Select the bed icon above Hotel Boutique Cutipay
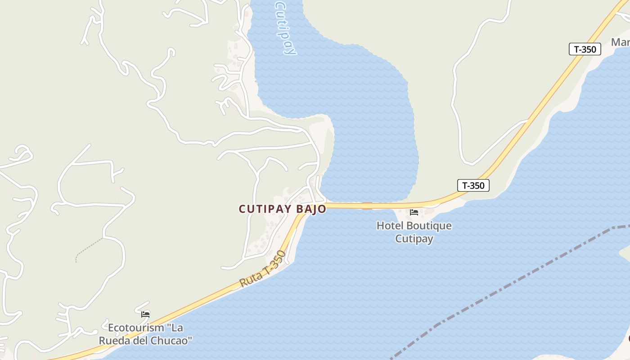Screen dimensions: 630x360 click(x=414, y=212)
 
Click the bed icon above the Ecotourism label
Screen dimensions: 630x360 click(x=145, y=314)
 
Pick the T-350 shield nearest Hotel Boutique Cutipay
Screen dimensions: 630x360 click(x=473, y=185)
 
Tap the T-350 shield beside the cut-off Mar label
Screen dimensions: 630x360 click(x=585, y=49)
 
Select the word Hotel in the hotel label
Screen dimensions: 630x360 click(x=390, y=226)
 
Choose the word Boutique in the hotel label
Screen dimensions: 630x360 click(x=429, y=226)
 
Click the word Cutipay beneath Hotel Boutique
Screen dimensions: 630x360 click(x=414, y=238)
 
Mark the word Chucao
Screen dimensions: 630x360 click(x=172, y=340)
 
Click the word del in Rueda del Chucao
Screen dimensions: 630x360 click(x=141, y=340)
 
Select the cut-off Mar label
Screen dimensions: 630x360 click(x=621, y=42)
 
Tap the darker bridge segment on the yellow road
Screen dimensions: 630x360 click(x=367, y=206)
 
